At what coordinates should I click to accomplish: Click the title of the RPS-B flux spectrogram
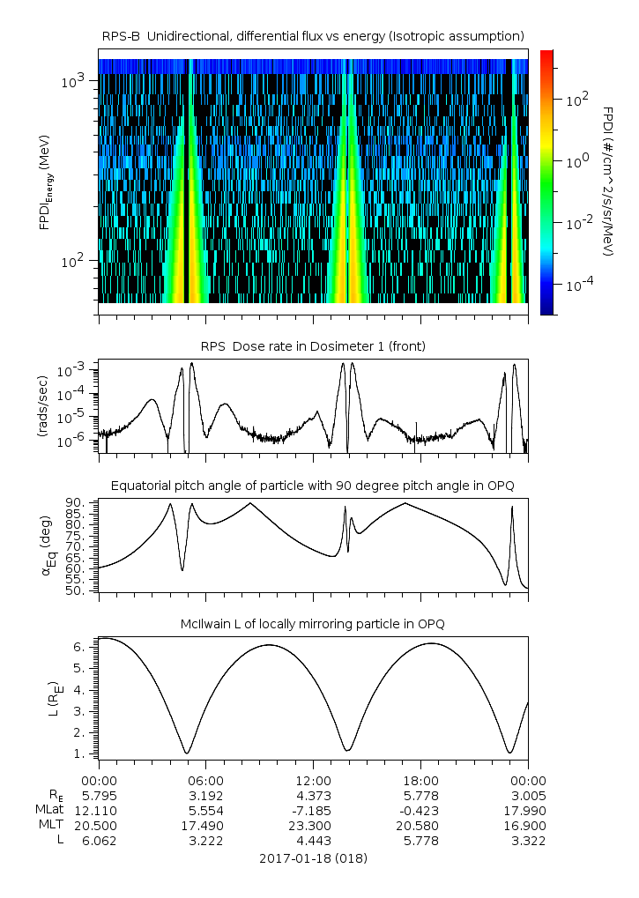(x=314, y=35)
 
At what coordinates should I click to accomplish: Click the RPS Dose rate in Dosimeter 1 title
(x=313, y=346)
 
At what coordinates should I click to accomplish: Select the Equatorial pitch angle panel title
(x=313, y=486)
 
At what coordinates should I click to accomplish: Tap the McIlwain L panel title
(x=313, y=624)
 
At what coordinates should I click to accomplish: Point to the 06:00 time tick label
(x=205, y=780)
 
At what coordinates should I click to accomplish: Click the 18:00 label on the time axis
(x=420, y=780)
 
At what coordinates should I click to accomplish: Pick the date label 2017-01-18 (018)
(x=313, y=857)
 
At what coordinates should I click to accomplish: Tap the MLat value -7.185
(x=313, y=810)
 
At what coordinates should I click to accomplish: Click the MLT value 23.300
(x=313, y=826)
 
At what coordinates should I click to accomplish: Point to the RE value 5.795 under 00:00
(x=99, y=795)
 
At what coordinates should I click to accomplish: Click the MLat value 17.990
(x=528, y=810)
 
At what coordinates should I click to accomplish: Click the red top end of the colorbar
(x=547, y=54)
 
